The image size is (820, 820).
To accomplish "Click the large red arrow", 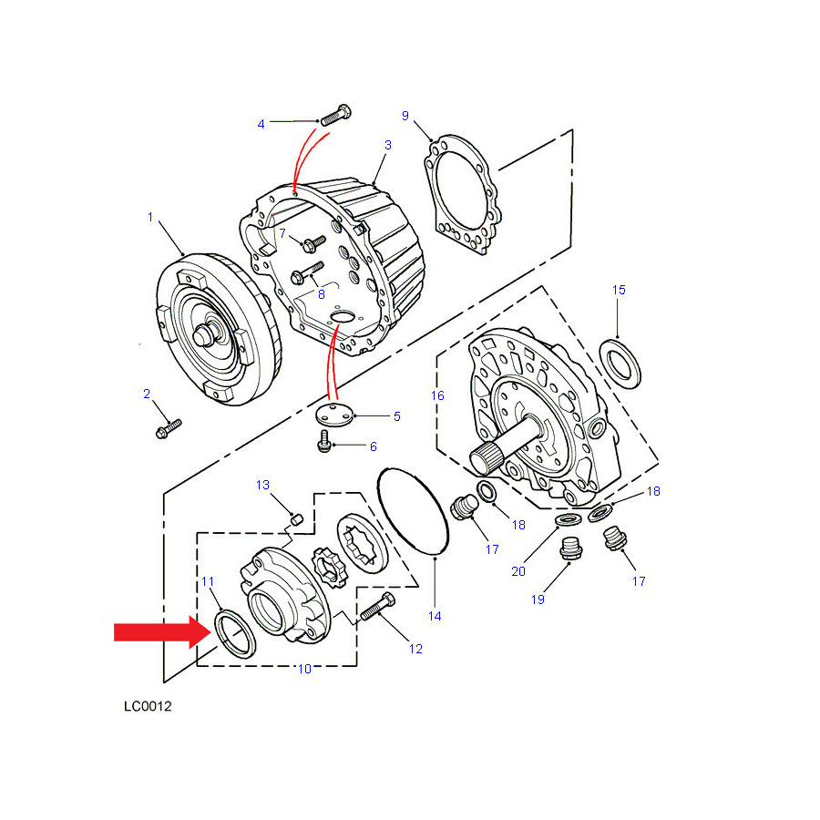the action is click(162, 631).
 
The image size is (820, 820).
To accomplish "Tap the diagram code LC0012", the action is click(148, 706).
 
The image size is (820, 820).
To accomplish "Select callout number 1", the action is click(150, 217).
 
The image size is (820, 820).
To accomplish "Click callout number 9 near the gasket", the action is click(405, 116).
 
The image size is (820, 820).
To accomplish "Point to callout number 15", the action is click(619, 290).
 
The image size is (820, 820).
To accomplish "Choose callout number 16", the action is click(437, 396).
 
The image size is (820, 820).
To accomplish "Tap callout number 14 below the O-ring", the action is click(436, 616).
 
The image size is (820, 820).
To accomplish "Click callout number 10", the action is click(305, 669).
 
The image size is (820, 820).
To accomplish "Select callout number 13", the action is click(262, 485).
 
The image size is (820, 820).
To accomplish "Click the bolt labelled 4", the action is click(335, 115).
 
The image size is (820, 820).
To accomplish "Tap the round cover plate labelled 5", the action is click(334, 415).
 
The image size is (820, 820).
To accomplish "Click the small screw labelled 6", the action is click(324, 442).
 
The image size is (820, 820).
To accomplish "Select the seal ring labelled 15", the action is click(620, 364).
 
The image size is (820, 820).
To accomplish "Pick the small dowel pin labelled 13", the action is click(297, 519).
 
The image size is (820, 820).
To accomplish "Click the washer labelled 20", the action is click(568, 520).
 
